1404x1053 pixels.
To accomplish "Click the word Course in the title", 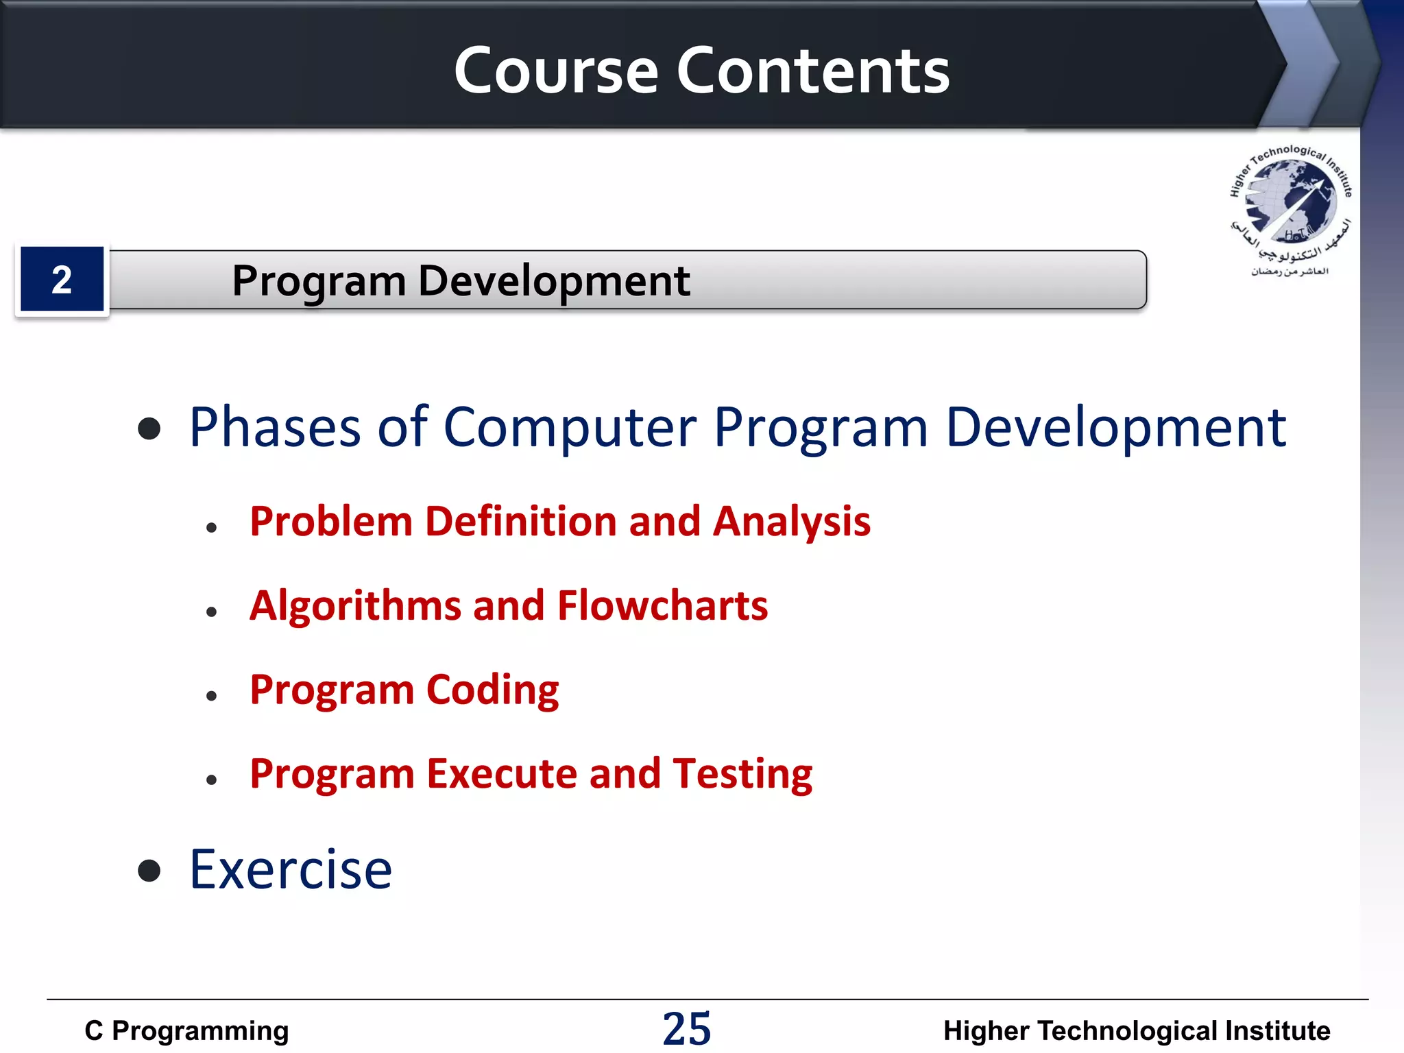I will click(556, 71).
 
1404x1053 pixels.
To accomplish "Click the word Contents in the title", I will click(813, 71).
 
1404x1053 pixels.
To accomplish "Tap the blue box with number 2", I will click(62, 280).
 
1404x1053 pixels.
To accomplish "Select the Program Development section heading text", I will click(461, 281).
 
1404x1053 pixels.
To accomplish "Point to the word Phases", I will click(274, 428).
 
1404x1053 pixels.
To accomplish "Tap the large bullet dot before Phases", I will click(149, 429).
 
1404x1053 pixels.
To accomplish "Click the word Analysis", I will click(792, 522).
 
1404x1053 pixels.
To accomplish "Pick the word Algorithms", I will click(355, 607).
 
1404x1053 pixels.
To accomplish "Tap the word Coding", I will click(492, 690).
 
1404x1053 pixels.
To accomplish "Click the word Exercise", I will click(291, 870).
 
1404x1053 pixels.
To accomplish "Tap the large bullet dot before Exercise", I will click(149, 871).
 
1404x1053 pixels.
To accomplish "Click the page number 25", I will click(687, 1029).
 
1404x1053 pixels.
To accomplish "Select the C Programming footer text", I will click(186, 1031).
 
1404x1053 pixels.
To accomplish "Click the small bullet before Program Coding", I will click(211, 696).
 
